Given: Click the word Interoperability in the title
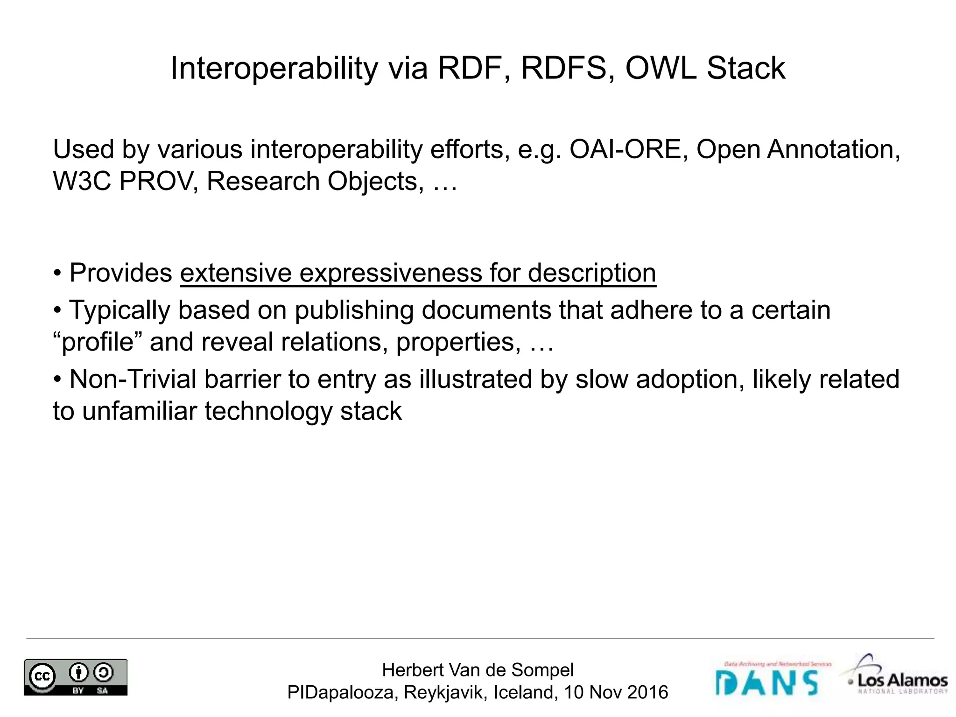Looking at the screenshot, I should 274,69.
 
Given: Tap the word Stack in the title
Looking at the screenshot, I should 745,69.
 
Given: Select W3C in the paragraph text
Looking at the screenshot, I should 82,181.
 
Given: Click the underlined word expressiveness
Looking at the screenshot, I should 390,273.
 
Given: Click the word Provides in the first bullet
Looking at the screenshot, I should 120,273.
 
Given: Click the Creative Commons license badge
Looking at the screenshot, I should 76,677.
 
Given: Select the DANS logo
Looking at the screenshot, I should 766,681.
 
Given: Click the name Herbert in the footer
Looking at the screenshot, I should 411,670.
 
